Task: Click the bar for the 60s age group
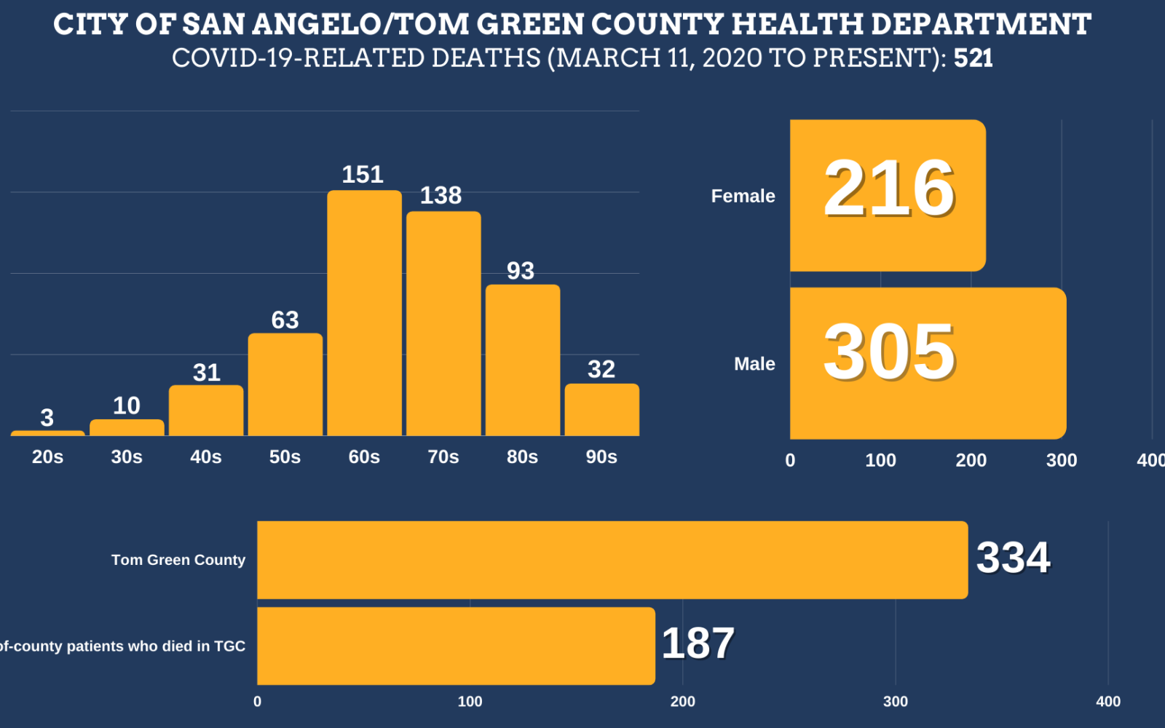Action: [364, 313]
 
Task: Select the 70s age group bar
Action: [443, 324]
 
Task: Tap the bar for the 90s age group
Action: [601, 410]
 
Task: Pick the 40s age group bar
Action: [206, 411]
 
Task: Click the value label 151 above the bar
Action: [363, 175]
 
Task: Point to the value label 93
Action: [521, 271]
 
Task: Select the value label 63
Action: [285, 320]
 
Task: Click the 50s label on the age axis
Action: [285, 457]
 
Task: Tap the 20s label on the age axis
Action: [47, 457]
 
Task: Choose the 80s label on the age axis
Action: [522, 457]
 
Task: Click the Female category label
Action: [743, 196]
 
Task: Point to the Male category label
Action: [754, 364]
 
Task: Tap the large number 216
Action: [889, 189]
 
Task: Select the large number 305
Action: [889, 352]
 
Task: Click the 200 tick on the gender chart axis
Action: [971, 460]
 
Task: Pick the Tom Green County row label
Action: [178, 560]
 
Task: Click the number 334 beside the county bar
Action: [1013, 558]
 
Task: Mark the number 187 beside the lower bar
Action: [698, 644]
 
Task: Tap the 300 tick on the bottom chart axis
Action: [895, 702]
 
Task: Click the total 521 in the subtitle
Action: [973, 58]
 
